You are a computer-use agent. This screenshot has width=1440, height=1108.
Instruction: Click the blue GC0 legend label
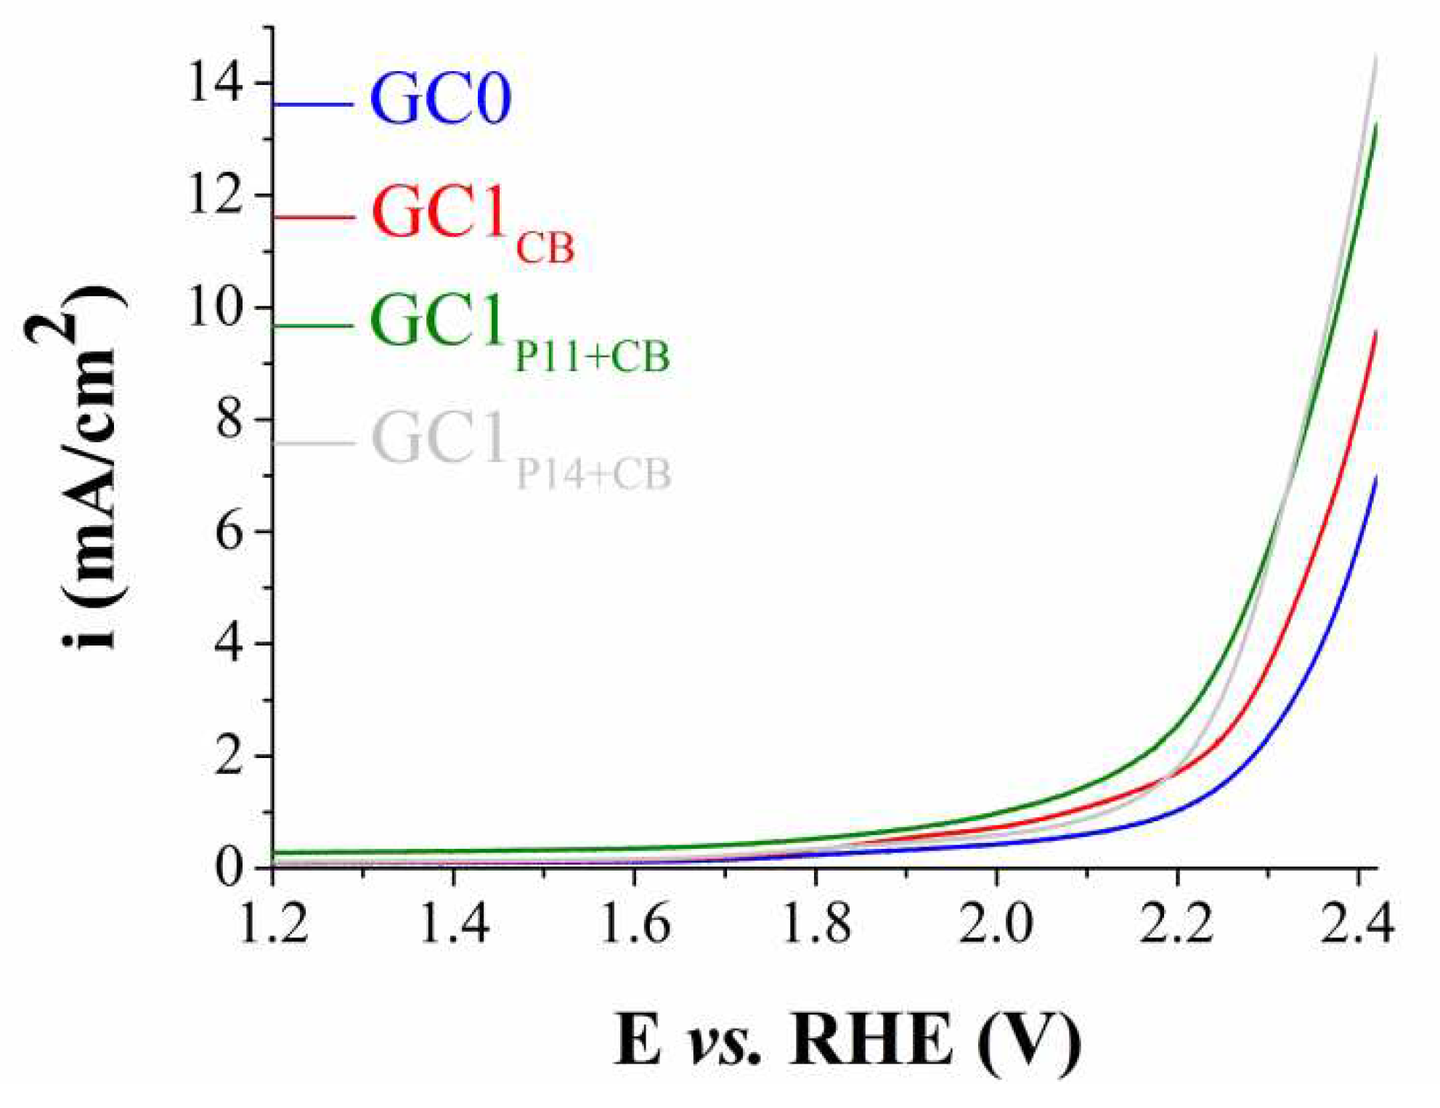440,99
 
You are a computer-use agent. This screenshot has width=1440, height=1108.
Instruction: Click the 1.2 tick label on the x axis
273,924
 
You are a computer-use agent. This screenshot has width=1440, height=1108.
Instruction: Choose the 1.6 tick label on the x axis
635,924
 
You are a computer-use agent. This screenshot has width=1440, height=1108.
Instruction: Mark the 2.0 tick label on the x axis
996,924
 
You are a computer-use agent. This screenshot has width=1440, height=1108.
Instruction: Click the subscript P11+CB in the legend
592,357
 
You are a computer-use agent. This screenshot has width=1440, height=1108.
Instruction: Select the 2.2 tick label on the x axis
1176,924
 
